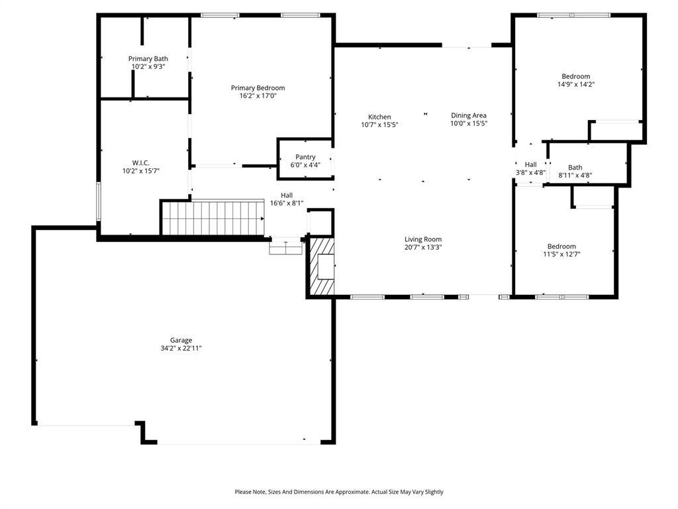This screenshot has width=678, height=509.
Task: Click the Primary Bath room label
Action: coord(148,58)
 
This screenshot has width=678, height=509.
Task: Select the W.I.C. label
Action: coord(141,162)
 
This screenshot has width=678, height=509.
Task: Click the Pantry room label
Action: coord(305,157)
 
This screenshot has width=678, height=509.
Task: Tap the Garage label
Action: coord(181,340)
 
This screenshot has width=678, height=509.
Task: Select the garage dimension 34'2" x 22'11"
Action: coord(181,348)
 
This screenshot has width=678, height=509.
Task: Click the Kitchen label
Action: coord(379,117)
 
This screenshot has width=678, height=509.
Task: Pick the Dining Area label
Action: coord(469,115)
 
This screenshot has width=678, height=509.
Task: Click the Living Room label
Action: coord(423,239)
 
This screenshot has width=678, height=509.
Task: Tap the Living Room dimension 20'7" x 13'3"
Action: coord(423,247)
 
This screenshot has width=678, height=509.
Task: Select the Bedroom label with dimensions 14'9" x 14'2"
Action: coord(575,76)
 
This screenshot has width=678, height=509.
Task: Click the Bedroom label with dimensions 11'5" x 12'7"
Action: coord(561,246)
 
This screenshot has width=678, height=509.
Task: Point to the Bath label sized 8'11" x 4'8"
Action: coord(575,168)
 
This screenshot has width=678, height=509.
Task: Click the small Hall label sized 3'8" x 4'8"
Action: coord(530,164)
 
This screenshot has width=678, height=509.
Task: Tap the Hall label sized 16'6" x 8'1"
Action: coord(286,195)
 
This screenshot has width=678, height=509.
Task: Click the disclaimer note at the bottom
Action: coord(339,492)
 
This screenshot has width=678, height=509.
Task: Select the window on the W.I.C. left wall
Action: coord(99,201)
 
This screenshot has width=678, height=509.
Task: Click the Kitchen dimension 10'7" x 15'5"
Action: coord(379,125)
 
